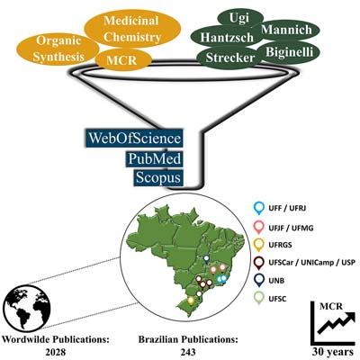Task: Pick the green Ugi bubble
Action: pyautogui.click(x=240, y=18)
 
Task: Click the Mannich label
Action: pyautogui.click(x=287, y=30)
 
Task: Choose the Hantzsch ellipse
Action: pyautogui.click(x=227, y=38)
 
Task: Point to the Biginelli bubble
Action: pyautogui.click(x=289, y=52)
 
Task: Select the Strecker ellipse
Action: pyautogui.click(x=230, y=58)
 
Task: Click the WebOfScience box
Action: pyautogui.click(x=134, y=139)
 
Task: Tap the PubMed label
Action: pyautogui.click(x=154, y=158)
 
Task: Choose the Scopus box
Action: pyautogui.click(x=158, y=177)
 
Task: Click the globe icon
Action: pyautogui.click(x=27, y=308)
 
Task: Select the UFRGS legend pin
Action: pyautogui.click(x=258, y=246)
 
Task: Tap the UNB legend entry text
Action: pyautogui.click(x=276, y=281)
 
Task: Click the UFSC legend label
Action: pyautogui.click(x=277, y=299)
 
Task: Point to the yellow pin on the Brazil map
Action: pyautogui.click(x=190, y=301)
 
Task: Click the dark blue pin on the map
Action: pyautogui.click(x=206, y=259)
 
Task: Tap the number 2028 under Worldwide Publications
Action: pyautogui.click(x=56, y=352)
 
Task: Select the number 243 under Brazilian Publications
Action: pyautogui.click(x=188, y=352)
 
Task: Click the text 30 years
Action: pyautogui.click(x=333, y=351)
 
